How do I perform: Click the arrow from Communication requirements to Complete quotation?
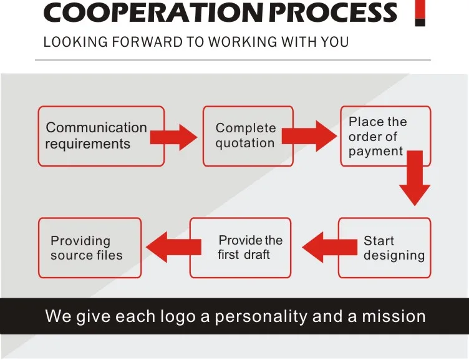175,137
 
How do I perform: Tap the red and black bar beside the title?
420,13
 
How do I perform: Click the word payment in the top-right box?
375,152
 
